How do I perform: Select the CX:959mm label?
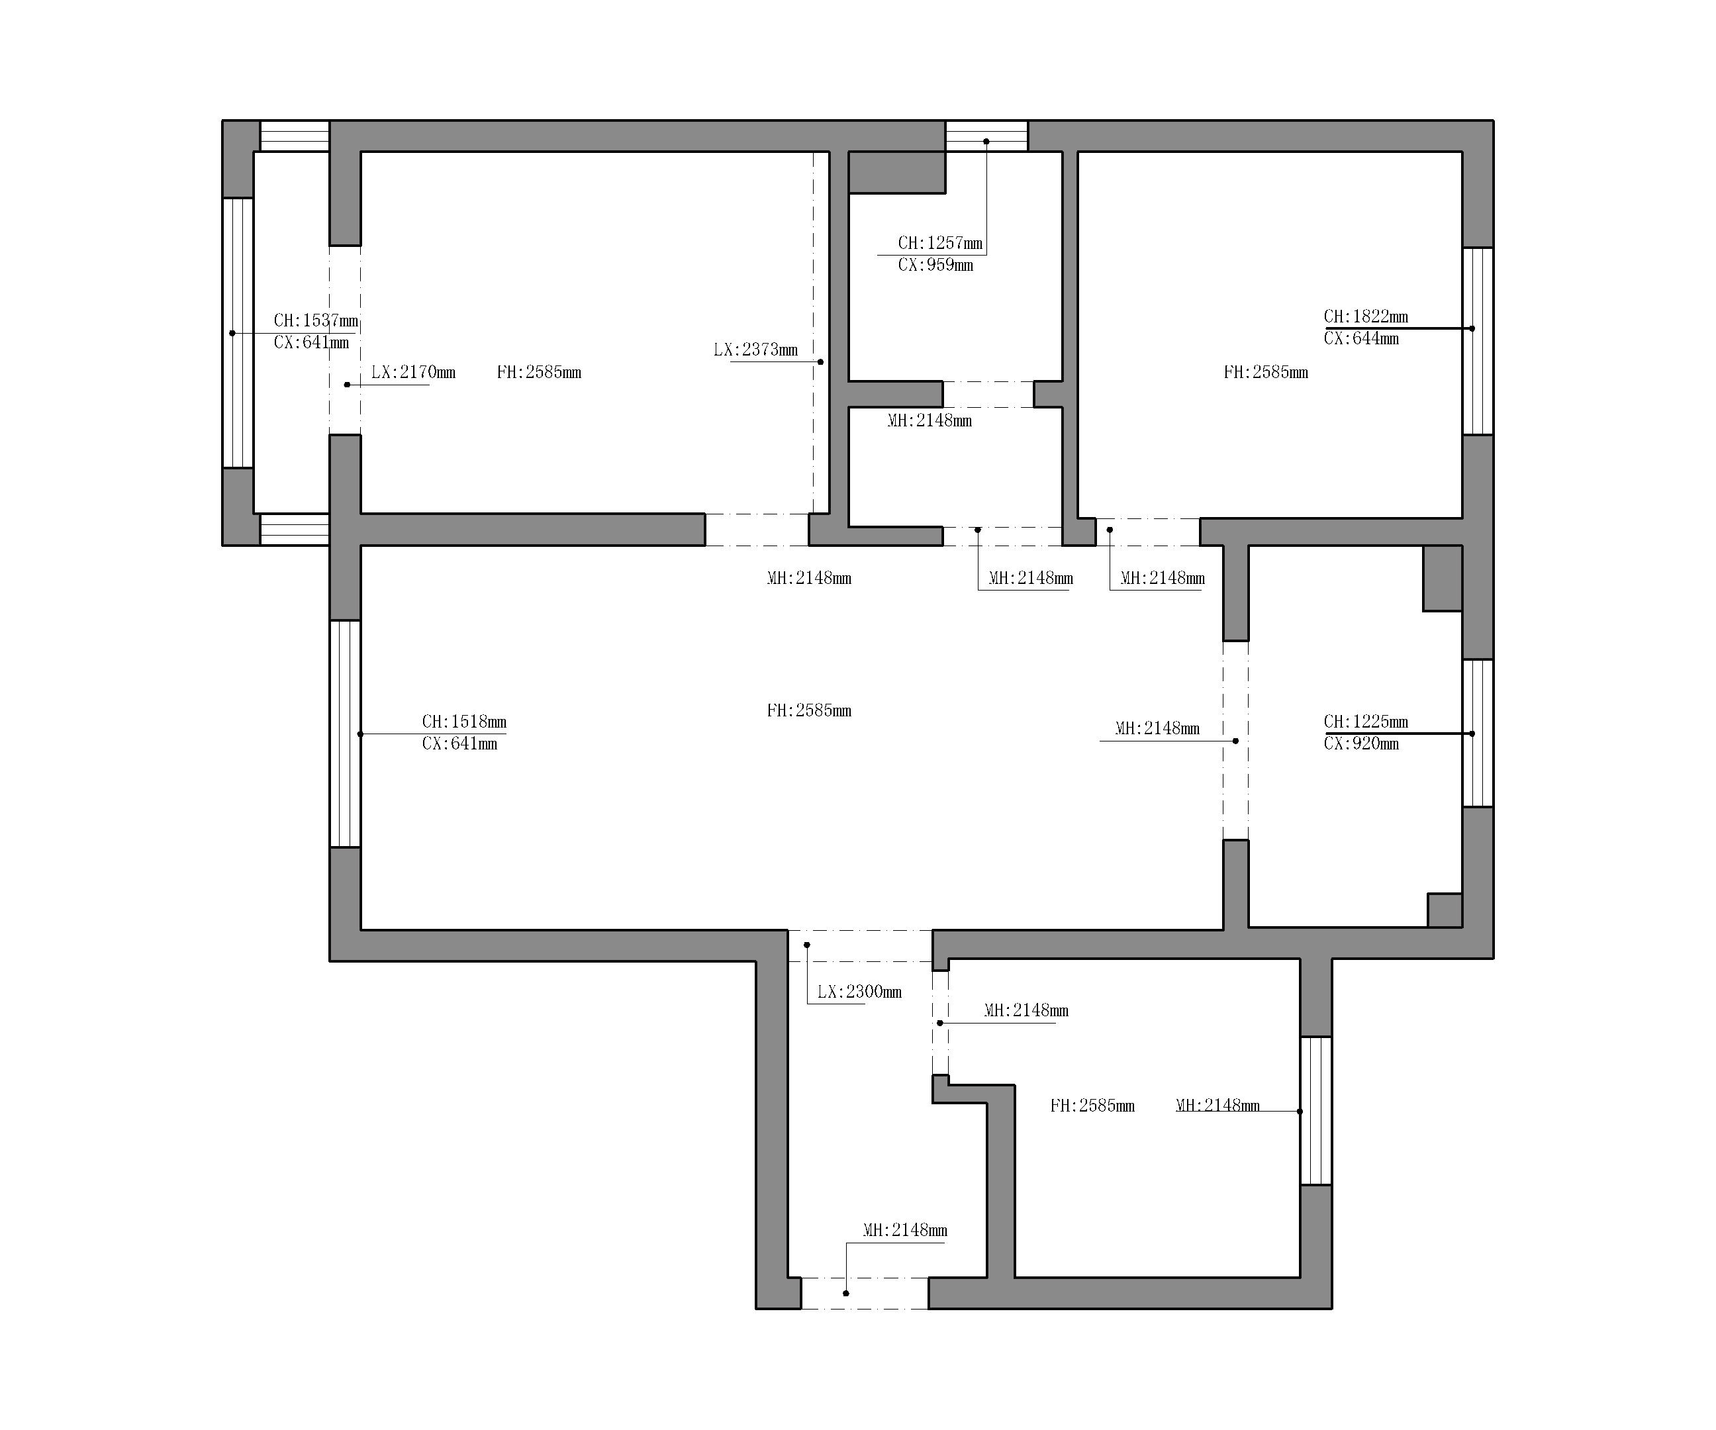pos(935,265)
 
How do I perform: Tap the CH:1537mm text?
pos(316,320)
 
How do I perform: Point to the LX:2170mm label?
pos(414,373)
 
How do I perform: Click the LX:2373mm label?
pos(756,350)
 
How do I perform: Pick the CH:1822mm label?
pos(1366,316)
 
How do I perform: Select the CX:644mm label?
pos(1361,338)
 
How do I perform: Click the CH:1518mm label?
pos(464,722)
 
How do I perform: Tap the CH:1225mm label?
pos(1366,722)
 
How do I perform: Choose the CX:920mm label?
pos(1361,743)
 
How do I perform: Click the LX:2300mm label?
pos(859,992)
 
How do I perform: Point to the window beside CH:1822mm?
pos(1478,341)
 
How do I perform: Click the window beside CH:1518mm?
pos(345,734)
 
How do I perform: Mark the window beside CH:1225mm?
pos(1478,733)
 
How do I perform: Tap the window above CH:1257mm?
pos(986,136)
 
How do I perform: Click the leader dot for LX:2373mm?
pos(820,362)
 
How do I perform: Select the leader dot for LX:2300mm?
pos(806,945)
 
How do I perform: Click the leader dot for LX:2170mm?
pos(348,385)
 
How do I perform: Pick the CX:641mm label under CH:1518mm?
pos(459,743)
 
